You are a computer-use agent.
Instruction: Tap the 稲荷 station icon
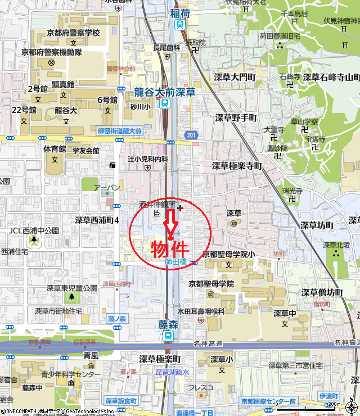(x=179, y=24)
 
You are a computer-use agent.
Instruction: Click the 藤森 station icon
(x=168, y=335)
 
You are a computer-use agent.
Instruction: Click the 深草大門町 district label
(x=236, y=76)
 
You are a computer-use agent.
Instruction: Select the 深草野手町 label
(x=236, y=117)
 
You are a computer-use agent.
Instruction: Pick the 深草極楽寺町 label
(x=237, y=166)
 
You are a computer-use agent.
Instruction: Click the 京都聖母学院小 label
(x=229, y=254)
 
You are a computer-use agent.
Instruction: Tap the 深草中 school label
(x=285, y=313)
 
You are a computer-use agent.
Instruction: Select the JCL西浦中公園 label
(x=34, y=230)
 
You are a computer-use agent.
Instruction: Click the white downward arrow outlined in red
(x=170, y=224)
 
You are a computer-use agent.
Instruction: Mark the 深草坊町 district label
(x=317, y=225)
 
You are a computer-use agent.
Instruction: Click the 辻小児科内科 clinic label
(x=148, y=159)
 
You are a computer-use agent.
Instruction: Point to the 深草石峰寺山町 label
(x=331, y=76)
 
